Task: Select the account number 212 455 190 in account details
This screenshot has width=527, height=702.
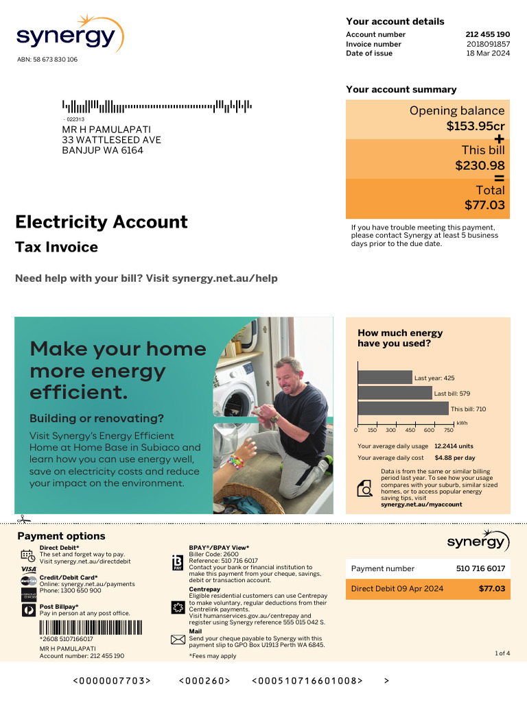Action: (x=487, y=34)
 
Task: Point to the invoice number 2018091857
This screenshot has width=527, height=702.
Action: (x=488, y=44)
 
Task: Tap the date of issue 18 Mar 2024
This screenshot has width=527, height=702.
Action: (x=488, y=53)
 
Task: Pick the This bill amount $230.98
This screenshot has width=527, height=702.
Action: (x=480, y=165)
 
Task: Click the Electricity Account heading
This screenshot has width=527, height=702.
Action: (x=101, y=222)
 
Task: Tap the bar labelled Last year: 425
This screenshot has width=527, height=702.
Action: (x=384, y=377)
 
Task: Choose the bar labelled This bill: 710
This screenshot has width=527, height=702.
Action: (x=403, y=409)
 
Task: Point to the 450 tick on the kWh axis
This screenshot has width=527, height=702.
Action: (x=410, y=431)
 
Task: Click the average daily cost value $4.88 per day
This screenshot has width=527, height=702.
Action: (x=454, y=457)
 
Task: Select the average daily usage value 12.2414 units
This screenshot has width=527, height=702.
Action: (x=453, y=446)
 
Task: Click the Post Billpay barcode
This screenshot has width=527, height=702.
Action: (x=91, y=628)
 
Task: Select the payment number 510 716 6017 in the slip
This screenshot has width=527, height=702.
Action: (x=480, y=568)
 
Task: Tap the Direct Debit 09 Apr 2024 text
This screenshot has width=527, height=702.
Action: (x=397, y=588)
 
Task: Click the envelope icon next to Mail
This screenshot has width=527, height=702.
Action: (x=178, y=640)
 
